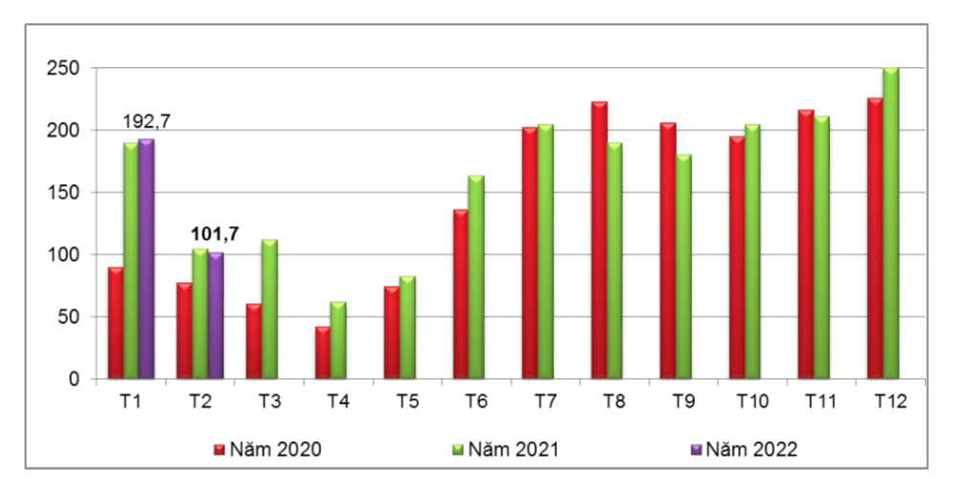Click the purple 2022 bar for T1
click(x=147, y=259)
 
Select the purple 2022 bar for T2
click(x=216, y=316)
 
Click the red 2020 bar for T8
click(x=599, y=240)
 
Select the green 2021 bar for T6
click(x=476, y=277)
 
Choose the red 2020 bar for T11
click(x=806, y=245)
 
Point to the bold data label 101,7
click(x=215, y=232)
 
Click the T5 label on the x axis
click(x=407, y=403)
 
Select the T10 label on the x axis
click(x=752, y=403)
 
